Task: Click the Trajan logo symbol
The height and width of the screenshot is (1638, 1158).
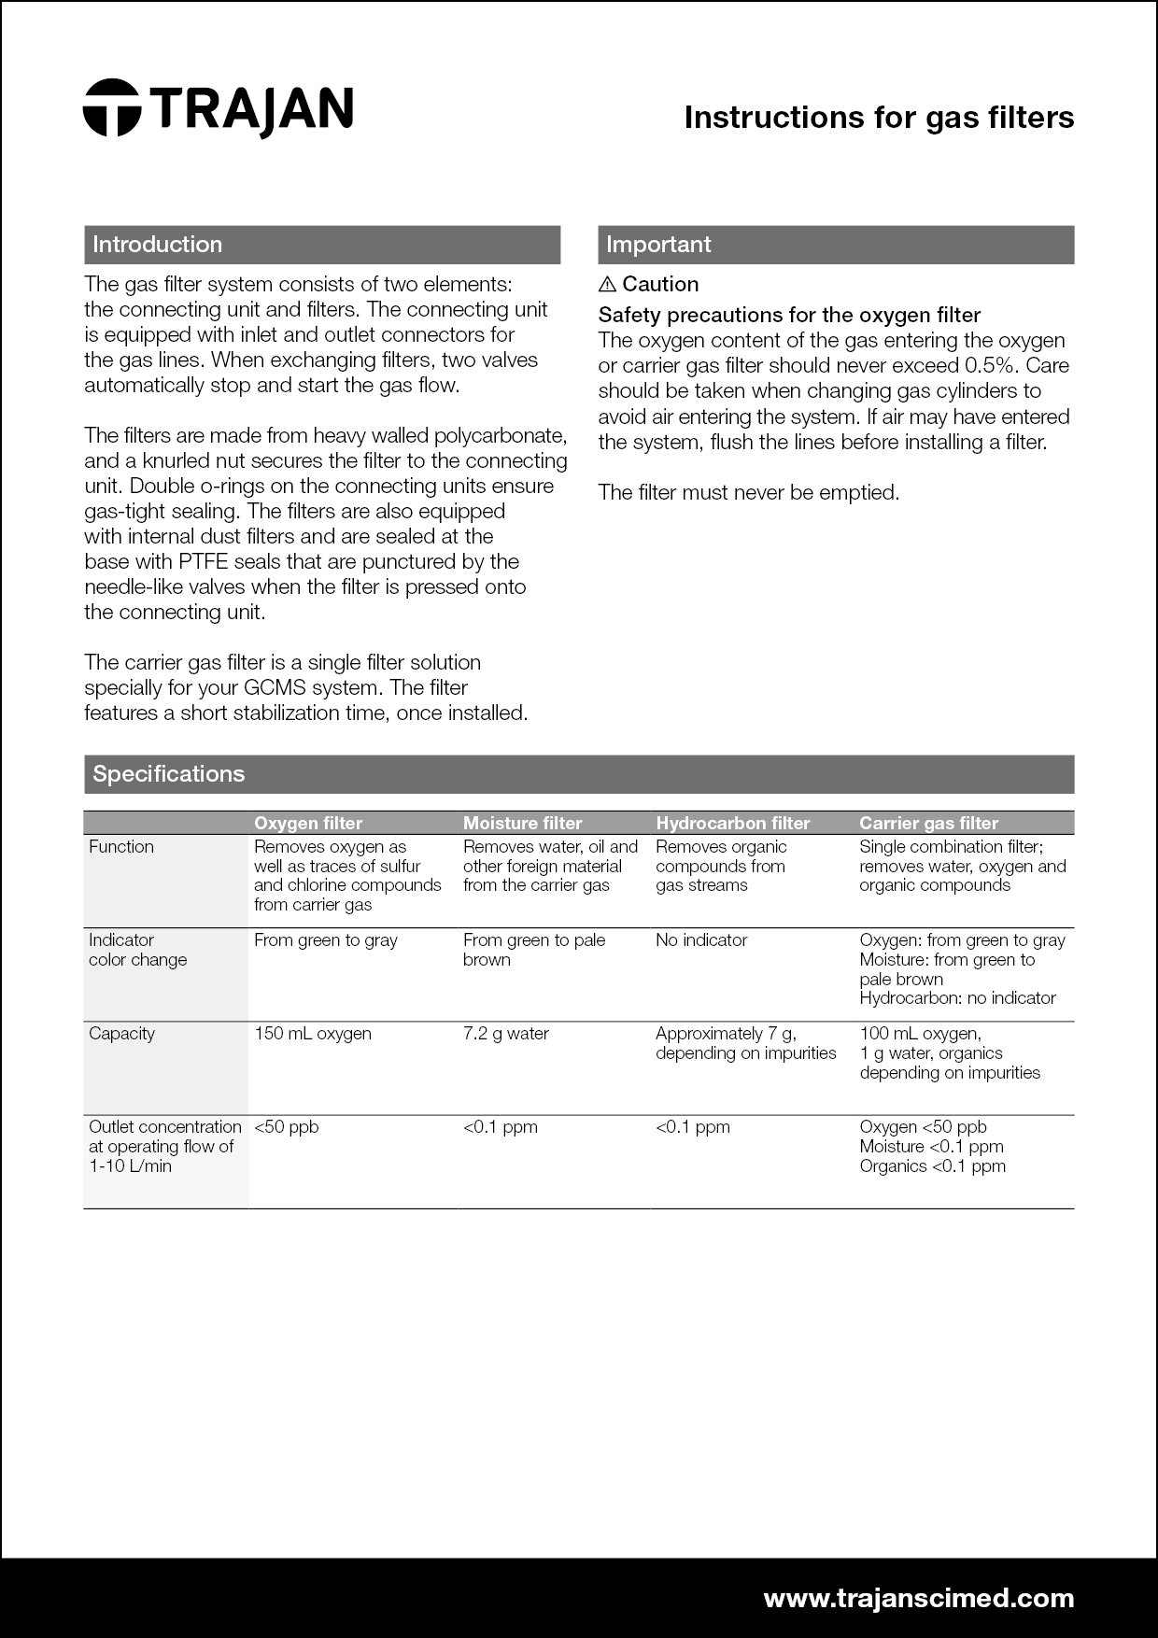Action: [x=111, y=107]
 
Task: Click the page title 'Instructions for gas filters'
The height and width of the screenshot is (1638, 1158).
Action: [x=879, y=118]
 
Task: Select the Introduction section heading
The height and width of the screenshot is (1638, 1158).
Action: [x=157, y=245]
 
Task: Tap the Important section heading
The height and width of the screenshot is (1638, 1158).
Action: [x=658, y=245]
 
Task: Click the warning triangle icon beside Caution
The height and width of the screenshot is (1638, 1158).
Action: [x=607, y=284]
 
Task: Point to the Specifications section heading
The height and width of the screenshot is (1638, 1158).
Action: [x=169, y=774]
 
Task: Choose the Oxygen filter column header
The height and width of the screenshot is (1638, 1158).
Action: [x=308, y=823]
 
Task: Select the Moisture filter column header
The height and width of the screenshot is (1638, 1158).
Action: [x=522, y=823]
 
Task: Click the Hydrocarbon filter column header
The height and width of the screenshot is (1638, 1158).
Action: [x=733, y=823]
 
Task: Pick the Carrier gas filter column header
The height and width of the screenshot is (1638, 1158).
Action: [x=928, y=823]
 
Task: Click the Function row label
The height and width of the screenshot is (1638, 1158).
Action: [x=121, y=847]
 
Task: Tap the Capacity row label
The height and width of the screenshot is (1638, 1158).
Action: [x=121, y=1034]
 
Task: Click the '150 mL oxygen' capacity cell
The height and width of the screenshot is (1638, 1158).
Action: [x=313, y=1034]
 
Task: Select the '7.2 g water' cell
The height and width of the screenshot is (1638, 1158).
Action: [x=506, y=1034]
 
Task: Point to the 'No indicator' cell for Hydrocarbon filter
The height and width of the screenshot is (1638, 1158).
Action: [x=701, y=940]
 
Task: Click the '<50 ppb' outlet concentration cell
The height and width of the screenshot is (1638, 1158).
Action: [x=287, y=1127]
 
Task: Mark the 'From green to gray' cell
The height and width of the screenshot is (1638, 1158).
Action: [x=326, y=940]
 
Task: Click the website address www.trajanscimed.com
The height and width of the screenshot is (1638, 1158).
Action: [x=919, y=1598]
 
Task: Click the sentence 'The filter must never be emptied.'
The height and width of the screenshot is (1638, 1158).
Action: [x=749, y=493]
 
